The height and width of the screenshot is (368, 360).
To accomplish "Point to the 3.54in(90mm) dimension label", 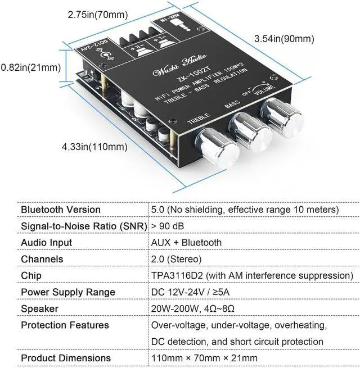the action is pyautogui.click(x=284, y=38).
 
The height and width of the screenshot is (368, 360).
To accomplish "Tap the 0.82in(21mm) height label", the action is pyautogui.click(x=30, y=68).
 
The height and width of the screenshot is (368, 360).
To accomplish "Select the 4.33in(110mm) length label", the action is pyautogui.click(x=95, y=147).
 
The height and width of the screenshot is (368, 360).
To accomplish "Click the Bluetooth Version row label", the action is pyautogui.click(x=61, y=210).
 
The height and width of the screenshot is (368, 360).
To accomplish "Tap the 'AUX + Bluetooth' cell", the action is pyautogui.click(x=186, y=243).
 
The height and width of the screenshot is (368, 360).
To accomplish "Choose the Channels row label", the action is pyautogui.click(x=42, y=259).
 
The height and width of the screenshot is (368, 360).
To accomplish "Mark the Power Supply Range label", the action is pyautogui.click(x=68, y=292).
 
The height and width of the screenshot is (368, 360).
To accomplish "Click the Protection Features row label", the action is pyautogui.click(x=65, y=325).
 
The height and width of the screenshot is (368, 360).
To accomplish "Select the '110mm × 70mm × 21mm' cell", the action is pyautogui.click(x=204, y=358).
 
